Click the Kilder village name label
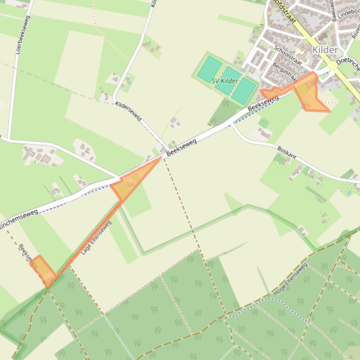pos(324,50)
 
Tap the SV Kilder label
pos(225,81)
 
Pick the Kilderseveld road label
pos(128,111)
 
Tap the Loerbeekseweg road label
pos(22,35)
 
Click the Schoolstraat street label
pos(287,55)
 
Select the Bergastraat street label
pos(284,72)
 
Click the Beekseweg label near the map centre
pos(181,146)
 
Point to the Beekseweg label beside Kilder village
pos(263,103)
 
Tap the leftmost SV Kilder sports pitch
pos(209,69)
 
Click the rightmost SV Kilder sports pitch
pos(244,90)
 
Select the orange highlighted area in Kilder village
pos(308,94)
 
